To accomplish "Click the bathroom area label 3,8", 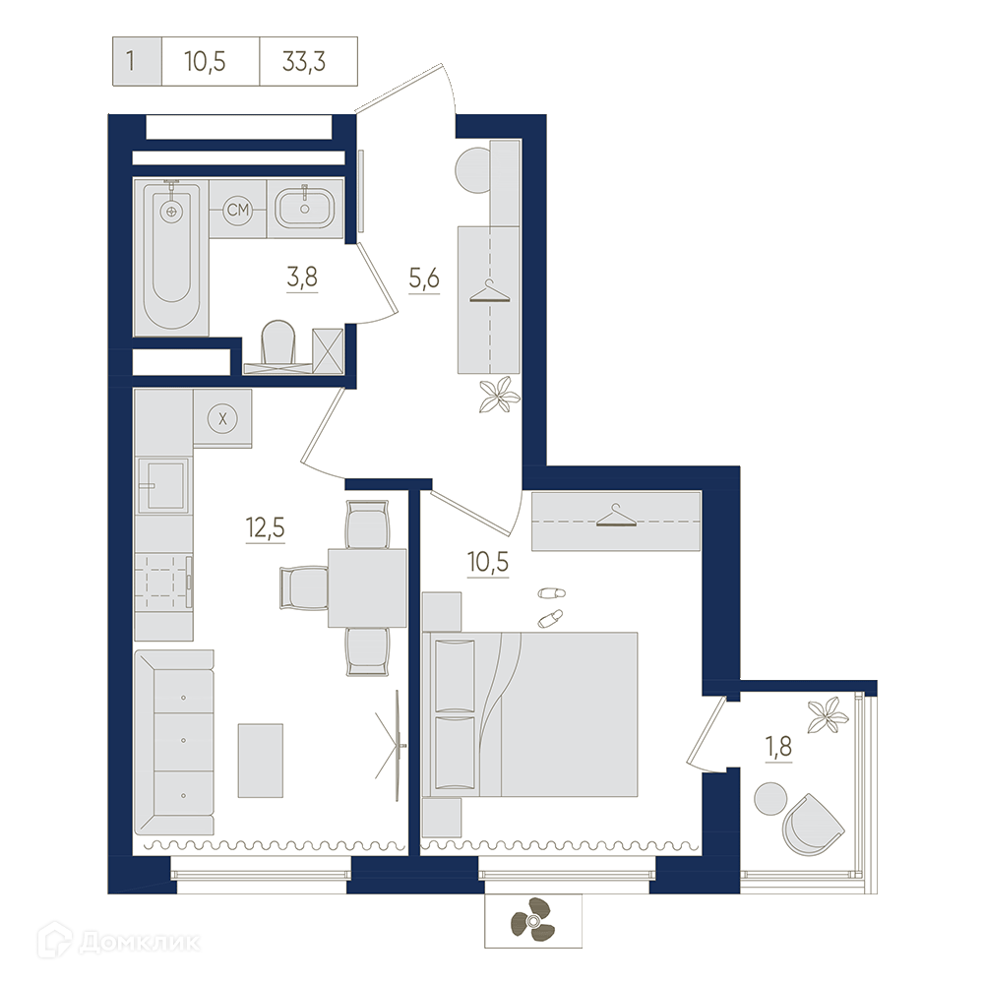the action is coord(302,277).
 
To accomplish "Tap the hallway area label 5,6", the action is coord(424,277).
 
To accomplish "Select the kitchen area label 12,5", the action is coord(266,527).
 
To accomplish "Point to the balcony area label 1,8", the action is coord(778,747).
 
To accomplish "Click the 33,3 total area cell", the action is coord(304,61).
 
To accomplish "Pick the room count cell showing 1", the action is coord(131,61).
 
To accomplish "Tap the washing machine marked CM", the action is coord(238,209).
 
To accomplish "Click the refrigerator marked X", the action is coord(222,418).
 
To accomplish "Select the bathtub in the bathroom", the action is coord(171,257).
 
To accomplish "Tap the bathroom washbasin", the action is coord(305,208).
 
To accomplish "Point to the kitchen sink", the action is coord(163,485).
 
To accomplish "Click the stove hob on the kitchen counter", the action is coord(162,583).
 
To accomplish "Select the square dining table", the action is coord(367,587).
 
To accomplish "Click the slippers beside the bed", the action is coord(551,606).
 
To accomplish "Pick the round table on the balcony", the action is coord(770,799).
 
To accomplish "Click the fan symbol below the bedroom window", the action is coord(532,920).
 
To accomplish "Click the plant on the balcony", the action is coord(829,714).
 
